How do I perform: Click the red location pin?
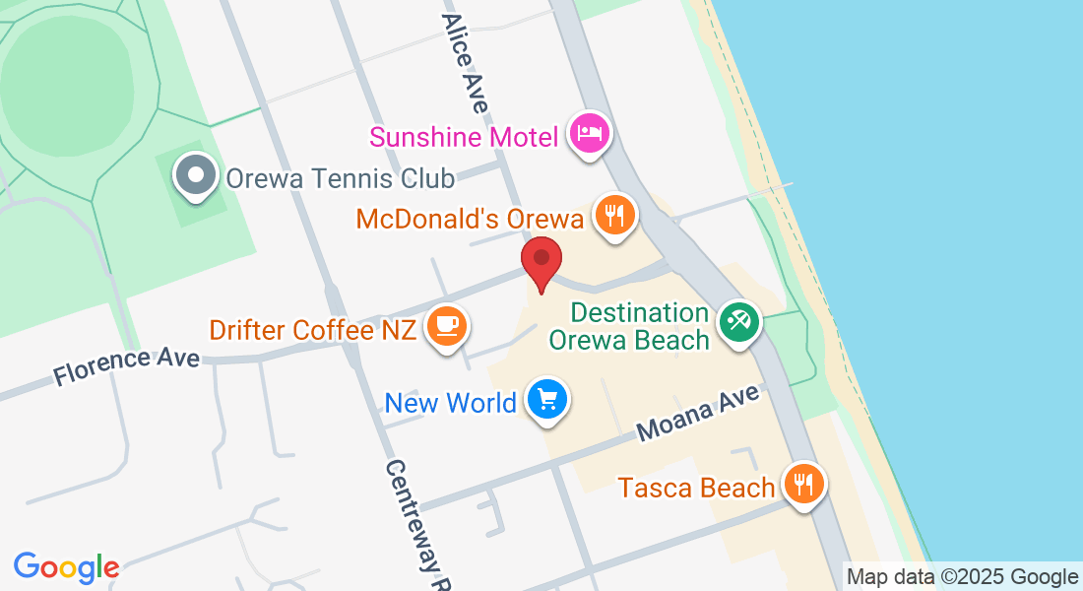tap(541, 260)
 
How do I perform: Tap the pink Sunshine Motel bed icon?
tap(590, 133)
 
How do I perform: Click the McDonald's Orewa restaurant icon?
tap(616, 214)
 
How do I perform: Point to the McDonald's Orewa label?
tap(470, 218)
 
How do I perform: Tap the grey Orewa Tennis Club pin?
tap(195, 177)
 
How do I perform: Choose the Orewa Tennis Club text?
tap(340, 178)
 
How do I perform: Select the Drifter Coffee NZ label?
tap(311, 330)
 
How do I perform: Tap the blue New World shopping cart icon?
tap(547, 400)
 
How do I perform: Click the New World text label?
tap(450, 403)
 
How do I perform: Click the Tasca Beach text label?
tap(696, 488)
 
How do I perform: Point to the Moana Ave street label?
tap(699, 414)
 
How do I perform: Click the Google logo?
tap(66, 567)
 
